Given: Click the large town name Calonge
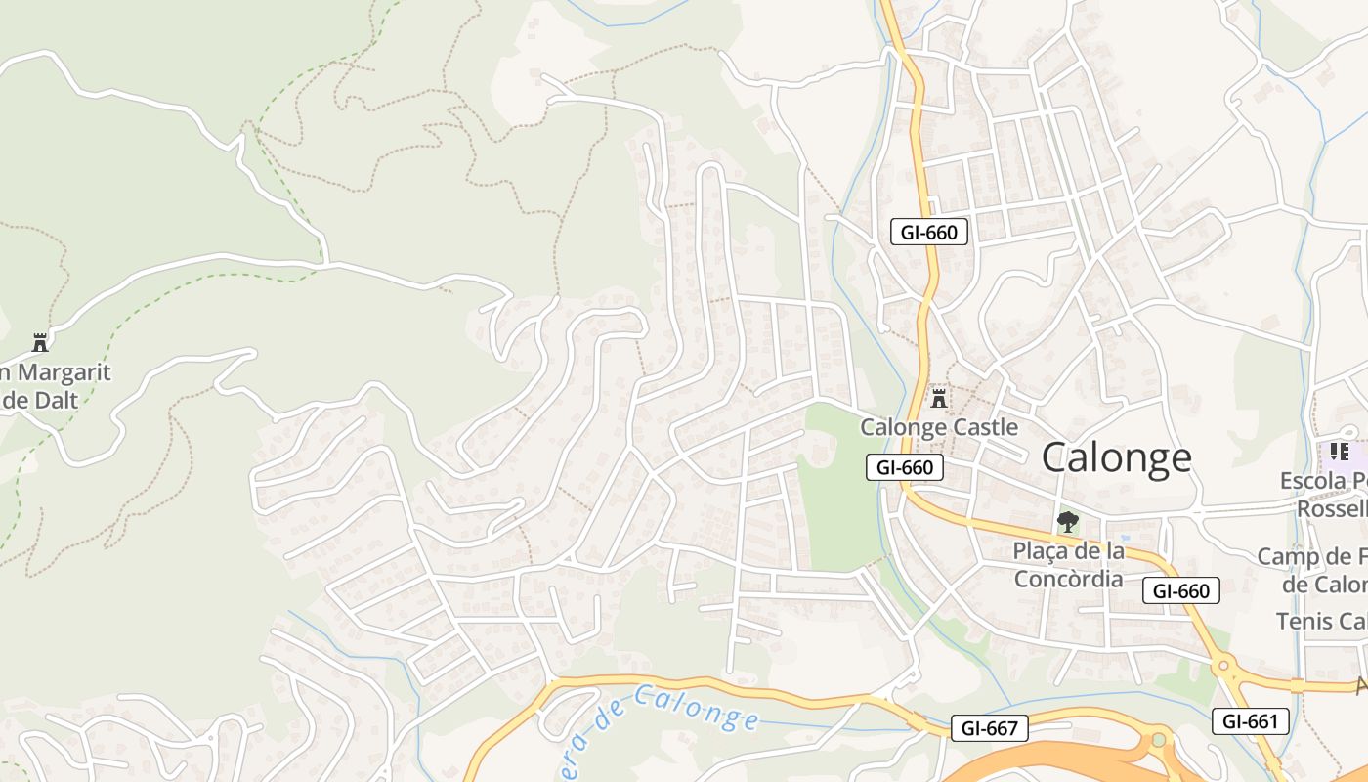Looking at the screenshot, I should (x=1116, y=457).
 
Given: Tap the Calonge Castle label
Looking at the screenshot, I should (x=938, y=427).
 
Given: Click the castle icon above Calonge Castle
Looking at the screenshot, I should (x=939, y=398).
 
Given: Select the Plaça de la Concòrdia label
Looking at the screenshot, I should (x=1068, y=565).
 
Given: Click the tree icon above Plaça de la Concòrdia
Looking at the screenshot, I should (x=1068, y=522).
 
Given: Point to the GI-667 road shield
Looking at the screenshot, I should (x=989, y=728).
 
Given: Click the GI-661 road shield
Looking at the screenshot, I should (x=1250, y=722).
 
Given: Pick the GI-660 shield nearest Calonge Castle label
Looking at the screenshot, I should (x=905, y=467).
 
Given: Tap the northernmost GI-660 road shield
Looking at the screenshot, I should (x=929, y=232).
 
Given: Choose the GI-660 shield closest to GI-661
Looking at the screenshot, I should (x=1180, y=590).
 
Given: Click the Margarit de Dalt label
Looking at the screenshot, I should (x=55, y=385).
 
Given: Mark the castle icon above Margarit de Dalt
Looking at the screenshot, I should (x=40, y=342).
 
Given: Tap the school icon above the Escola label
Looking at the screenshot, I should (x=1339, y=452).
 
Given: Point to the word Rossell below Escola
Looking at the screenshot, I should (x=1331, y=509).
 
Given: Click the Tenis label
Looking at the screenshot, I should (x=1319, y=621).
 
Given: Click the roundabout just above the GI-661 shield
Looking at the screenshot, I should (x=1222, y=668).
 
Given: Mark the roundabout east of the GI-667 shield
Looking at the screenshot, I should (x=1159, y=740).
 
